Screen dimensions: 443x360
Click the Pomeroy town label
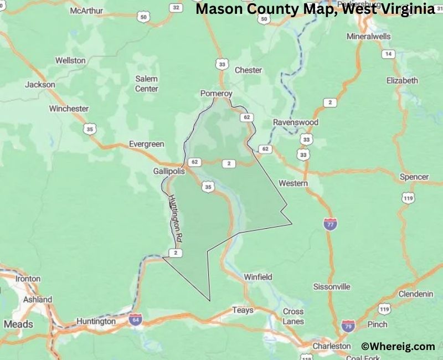coord(216,93)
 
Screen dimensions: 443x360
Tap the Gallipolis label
coord(169,172)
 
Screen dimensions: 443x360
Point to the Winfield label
coord(258,276)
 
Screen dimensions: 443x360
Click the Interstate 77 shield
coord(331,224)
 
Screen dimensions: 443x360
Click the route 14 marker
coord(388,54)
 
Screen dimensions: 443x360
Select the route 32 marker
coord(176,7)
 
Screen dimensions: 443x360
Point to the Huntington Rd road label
coord(176,218)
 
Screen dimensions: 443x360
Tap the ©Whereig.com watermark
coord(398,346)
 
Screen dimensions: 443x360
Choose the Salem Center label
coord(147,84)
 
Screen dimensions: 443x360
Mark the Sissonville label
coord(332,286)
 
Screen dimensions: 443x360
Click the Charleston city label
coord(331,346)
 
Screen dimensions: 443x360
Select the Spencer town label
coord(414,177)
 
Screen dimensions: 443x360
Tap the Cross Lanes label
coord(293,316)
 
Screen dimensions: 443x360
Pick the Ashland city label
coord(38,300)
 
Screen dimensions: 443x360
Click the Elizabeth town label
coord(402,80)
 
